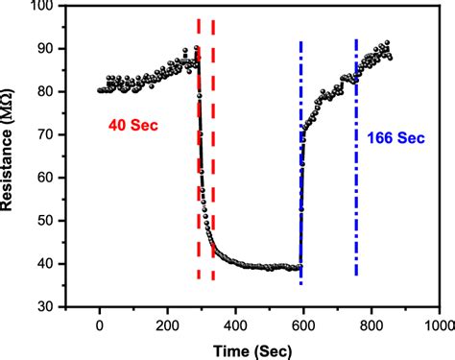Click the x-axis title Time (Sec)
point(254,348)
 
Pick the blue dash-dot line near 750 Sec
point(356,192)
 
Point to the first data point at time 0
point(100,91)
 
